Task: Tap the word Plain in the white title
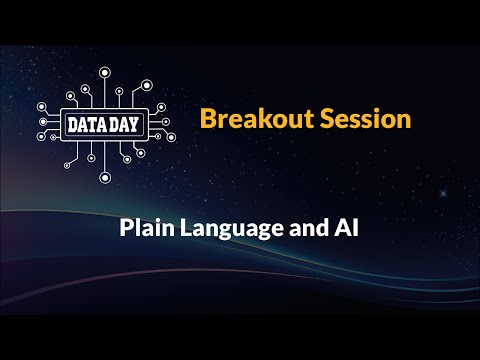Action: point(142,227)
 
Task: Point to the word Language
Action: point(222,228)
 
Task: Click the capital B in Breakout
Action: point(207,119)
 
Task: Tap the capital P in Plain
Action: point(126,227)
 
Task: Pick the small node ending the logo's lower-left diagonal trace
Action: point(66,163)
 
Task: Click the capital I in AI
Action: point(354,227)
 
